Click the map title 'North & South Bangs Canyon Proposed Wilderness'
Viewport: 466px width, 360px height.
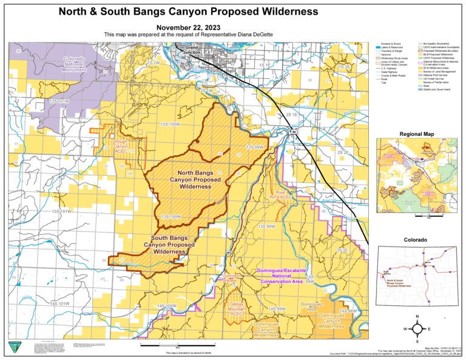[188, 11]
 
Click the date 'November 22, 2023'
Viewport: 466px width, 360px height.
[188, 28]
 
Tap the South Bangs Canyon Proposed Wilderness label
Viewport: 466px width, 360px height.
[169, 245]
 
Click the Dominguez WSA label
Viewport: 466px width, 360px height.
[311, 307]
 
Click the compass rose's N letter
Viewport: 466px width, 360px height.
[418, 317]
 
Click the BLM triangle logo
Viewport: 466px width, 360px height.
[13, 347]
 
